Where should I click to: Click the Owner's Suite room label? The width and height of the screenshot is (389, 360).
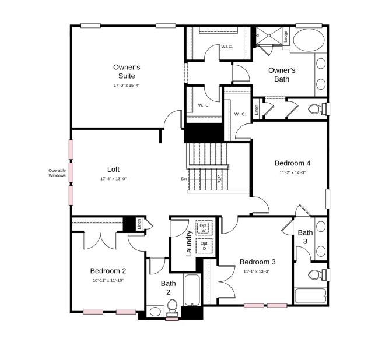[127, 71]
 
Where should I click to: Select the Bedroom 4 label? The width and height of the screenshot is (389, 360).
[292, 163]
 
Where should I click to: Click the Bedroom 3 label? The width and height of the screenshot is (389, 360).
[257, 262]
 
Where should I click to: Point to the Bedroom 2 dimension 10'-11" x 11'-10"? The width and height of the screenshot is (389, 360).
[108, 280]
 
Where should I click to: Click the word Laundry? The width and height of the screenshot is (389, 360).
[188, 243]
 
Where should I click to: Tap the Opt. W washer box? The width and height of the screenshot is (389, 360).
[204, 227]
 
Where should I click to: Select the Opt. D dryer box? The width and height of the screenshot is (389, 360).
[204, 246]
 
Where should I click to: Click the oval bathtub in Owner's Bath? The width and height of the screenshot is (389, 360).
[309, 41]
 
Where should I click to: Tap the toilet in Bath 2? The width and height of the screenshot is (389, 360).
[172, 306]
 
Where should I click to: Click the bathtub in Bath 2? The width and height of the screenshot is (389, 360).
[193, 290]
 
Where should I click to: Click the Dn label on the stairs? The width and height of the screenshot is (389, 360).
[184, 179]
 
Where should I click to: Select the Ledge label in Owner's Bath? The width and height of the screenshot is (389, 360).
[285, 36]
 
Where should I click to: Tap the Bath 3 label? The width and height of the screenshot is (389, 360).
[306, 237]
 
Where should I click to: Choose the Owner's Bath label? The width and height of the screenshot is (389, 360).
[282, 75]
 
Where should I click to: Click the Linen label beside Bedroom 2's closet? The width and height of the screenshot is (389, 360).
[139, 224]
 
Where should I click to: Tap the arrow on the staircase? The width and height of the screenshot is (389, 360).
[219, 179]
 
